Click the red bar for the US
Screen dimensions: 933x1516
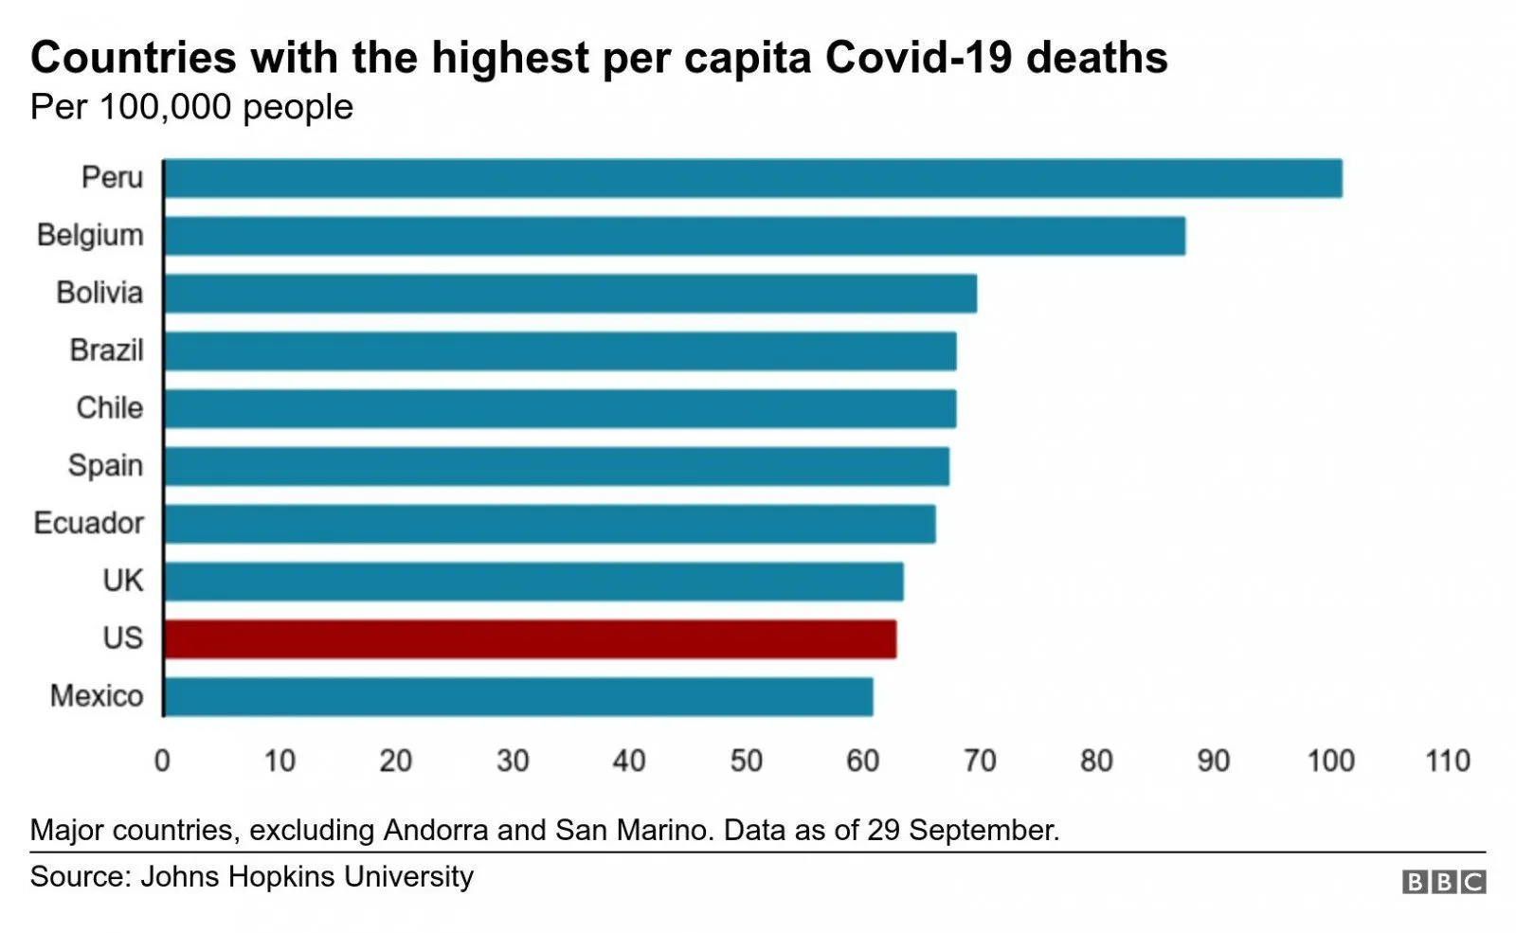530,639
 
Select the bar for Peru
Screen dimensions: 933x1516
752,178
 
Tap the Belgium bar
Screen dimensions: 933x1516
674,236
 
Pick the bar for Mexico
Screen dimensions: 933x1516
518,697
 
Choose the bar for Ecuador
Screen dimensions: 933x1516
550,524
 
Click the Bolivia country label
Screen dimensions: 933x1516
99,293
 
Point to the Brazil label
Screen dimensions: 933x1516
106,350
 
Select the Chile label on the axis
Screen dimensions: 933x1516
109,408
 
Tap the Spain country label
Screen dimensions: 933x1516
105,466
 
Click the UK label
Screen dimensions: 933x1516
122,581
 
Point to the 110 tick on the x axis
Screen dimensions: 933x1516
1447,761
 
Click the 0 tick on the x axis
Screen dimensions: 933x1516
162,761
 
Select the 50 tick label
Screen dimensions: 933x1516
746,761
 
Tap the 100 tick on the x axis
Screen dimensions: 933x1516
1330,761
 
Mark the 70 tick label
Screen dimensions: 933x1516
980,761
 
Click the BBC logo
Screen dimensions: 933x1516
1444,882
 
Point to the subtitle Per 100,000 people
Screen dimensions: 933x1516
191,107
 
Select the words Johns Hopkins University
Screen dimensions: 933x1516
306,876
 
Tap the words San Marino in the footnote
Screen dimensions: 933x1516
632,830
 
